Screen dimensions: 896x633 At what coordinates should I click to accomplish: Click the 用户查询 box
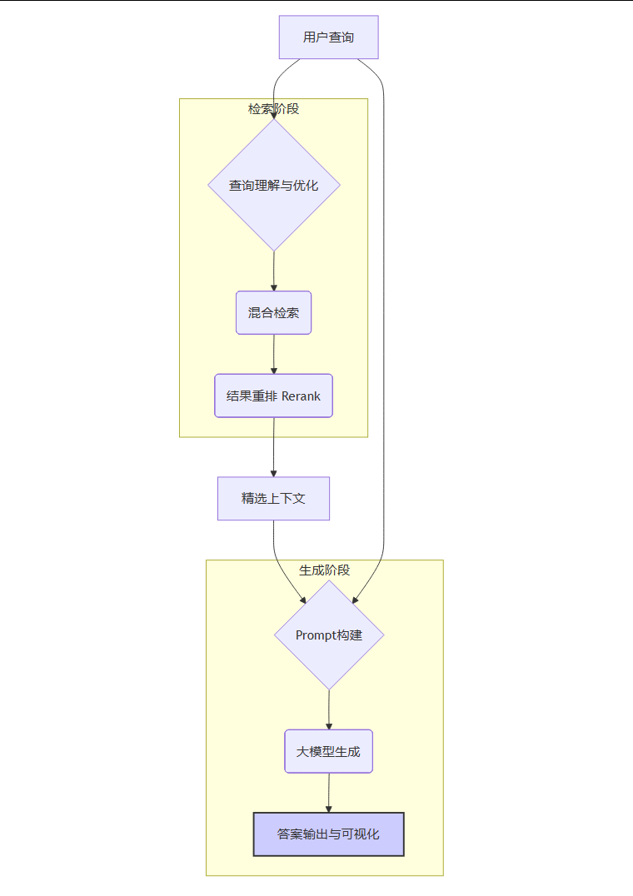pyautogui.click(x=328, y=37)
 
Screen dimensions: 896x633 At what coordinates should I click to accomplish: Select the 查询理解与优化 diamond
pyautogui.click(x=274, y=185)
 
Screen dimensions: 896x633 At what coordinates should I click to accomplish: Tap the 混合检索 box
pyautogui.click(x=273, y=312)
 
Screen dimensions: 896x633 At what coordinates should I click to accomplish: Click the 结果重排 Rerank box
pyautogui.click(x=273, y=396)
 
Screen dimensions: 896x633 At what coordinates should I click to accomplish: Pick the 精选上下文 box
pyautogui.click(x=273, y=498)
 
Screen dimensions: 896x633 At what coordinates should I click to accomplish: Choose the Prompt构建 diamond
pyautogui.click(x=329, y=635)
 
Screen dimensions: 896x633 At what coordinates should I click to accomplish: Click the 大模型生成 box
pyautogui.click(x=328, y=751)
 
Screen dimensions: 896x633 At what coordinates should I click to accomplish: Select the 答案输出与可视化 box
pyautogui.click(x=328, y=834)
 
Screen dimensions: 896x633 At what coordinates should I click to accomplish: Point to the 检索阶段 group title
pyautogui.click(x=273, y=108)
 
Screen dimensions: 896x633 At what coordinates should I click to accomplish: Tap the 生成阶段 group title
pyautogui.click(x=324, y=570)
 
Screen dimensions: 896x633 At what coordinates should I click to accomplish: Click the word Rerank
pyautogui.click(x=301, y=396)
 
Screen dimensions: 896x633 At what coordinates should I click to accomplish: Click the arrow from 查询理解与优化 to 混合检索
pyautogui.click(x=274, y=271)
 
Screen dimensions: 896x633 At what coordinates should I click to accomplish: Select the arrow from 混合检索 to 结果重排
pyautogui.click(x=274, y=354)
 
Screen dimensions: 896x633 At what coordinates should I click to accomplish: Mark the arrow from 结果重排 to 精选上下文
pyautogui.click(x=274, y=447)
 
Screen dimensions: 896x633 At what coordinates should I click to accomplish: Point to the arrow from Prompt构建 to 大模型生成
pyautogui.click(x=329, y=709)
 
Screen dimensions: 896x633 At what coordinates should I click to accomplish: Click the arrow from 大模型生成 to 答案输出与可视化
pyautogui.click(x=329, y=792)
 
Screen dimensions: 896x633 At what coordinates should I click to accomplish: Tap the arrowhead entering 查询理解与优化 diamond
pyautogui.click(x=274, y=116)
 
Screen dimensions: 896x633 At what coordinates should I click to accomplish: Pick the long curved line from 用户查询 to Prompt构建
pyautogui.click(x=384, y=333)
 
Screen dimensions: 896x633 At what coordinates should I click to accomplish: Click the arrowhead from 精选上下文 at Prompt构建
pyautogui.click(x=302, y=598)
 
